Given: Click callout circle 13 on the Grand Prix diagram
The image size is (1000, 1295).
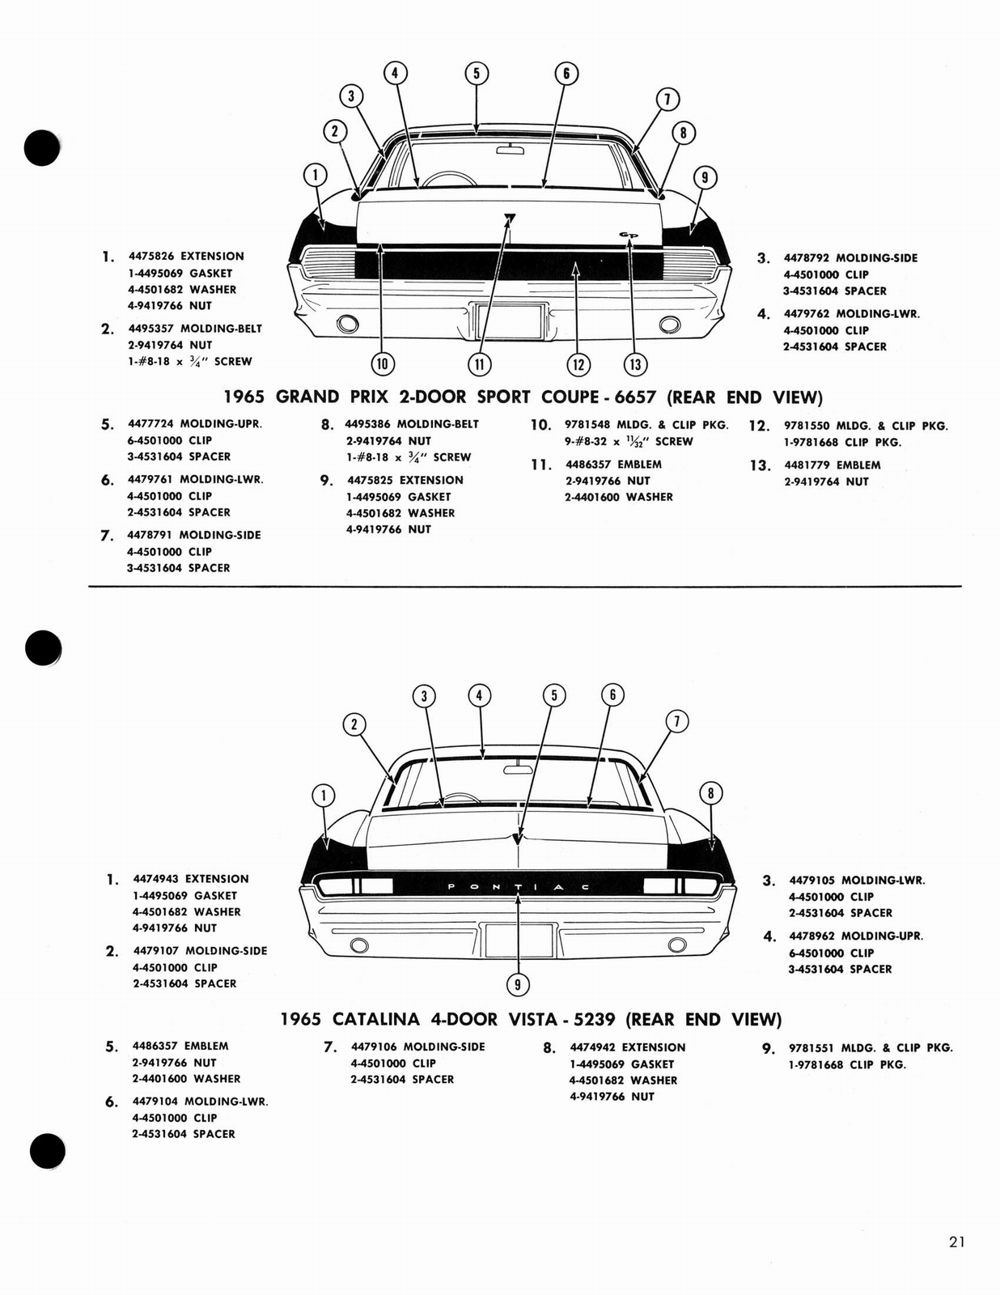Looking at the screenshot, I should pyautogui.click(x=635, y=364).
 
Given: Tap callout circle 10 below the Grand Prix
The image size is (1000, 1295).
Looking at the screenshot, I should pyautogui.click(x=382, y=364).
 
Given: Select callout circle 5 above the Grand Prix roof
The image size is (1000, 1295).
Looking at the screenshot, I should pyautogui.click(x=476, y=74).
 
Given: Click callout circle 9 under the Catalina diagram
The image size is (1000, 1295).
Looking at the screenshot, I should pyautogui.click(x=517, y=984).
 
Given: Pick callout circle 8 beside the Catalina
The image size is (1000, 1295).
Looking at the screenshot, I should pyautogui.click(x=710, y=793).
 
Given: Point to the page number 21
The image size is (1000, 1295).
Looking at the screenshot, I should pyautogui.click(x=956, y=1242).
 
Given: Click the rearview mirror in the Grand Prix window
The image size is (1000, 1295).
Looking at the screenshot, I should pyautogui.click(x=510, y=148).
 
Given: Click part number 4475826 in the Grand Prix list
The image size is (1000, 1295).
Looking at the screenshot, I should pyautogui.click(x=151, y=256).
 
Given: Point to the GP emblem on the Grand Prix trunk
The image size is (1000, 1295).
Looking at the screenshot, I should pyautogui.click(x=629, y=235).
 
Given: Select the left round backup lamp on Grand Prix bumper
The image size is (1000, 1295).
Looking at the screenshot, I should pyautogui.click(x=348, y=325).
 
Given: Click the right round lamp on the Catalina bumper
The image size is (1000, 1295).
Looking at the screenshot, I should pyautogui.click(x=677, y=945).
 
